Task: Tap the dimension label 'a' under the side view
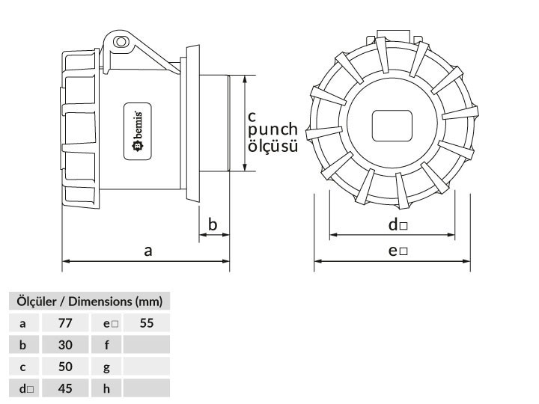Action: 148,251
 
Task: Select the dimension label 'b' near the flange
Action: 213,224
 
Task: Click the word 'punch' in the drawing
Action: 272,131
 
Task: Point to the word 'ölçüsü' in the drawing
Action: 272,147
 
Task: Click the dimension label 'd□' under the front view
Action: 398,224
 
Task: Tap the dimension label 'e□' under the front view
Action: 398,251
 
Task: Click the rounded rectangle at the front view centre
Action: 392,125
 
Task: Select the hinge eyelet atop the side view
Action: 120,41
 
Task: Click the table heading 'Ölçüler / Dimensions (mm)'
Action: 89,302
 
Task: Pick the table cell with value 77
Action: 64,323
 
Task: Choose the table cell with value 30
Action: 64,345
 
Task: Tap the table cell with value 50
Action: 64,367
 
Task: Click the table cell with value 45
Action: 64,388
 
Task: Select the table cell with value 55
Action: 147,323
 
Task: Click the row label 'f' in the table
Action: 107,345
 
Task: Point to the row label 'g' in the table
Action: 107,367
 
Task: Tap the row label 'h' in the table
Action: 107,388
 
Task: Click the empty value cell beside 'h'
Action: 147,388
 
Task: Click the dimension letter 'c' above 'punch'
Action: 252,116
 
